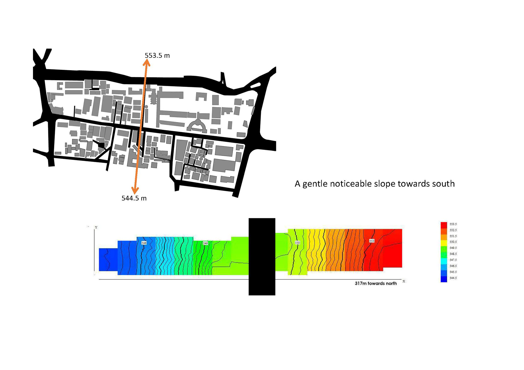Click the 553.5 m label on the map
pyautogui.click(x=157, y=56)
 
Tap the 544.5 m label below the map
pyautogui.click(x=134, y=198)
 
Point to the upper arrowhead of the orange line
pyautogui.click(x=147, y=62)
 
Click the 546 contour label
pyautogui.click(x=144, y=243)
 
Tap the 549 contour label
pyautogui.click(x=206, y=243)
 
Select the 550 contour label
pyautogui.click(x=297, y=242)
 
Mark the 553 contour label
pyautogui.click(x=372, y=241)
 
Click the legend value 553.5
pyautogui.click(x=453, y=224)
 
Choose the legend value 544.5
pyautogui.click(x=453, y=278)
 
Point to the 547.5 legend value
pyautogui.click(x=453, y=260)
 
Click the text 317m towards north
pyautogui.click(x=376, y=284)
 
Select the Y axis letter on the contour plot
pyautogui.click(x=96, y=227)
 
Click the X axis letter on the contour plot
pyautogui.click(x=404, y=281)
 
